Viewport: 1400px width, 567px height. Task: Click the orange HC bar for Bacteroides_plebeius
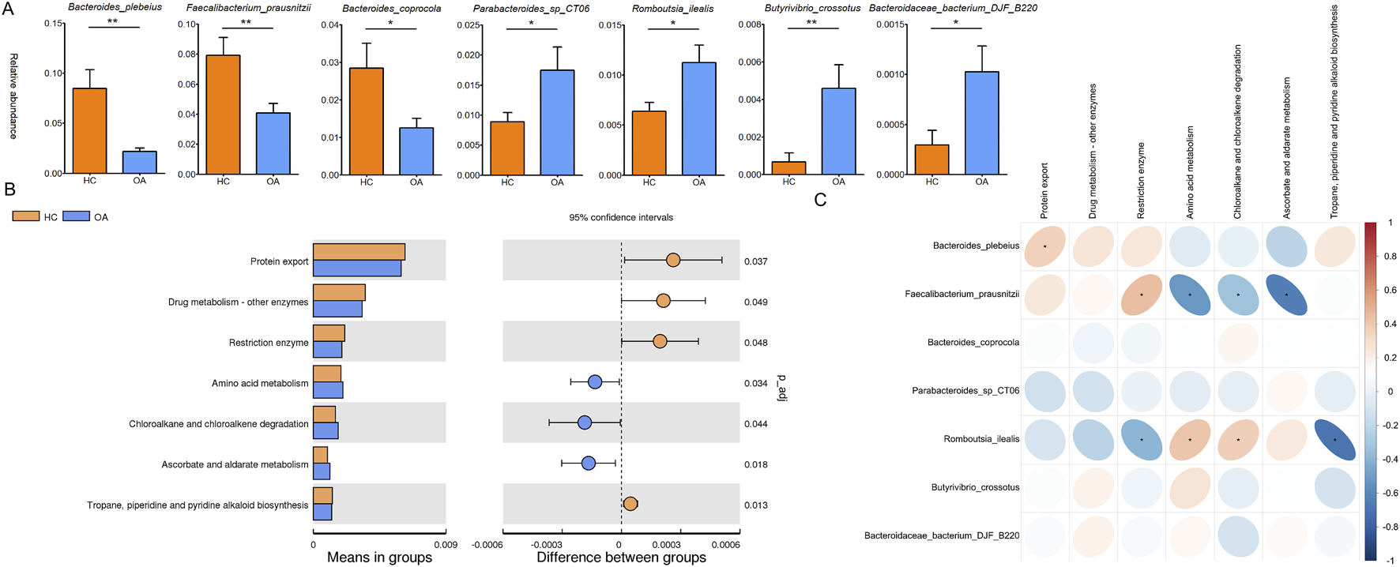tap(89, 130)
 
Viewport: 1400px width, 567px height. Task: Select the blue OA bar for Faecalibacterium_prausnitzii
tap(273, 143)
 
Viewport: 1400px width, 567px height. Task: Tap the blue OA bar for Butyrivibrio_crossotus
tap(838, 131)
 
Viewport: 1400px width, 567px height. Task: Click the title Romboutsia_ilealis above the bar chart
tap(672, 9)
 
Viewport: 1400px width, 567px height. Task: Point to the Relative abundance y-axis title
tap(13, 96)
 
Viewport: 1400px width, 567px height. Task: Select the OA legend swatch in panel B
tap(76, 216)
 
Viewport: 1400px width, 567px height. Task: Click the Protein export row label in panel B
tap(279, 261)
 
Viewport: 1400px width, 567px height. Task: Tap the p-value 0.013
tap(755, 505)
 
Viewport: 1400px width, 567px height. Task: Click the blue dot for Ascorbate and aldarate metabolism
tap(588, 463)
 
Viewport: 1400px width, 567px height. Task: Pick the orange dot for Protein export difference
tap(673, 260)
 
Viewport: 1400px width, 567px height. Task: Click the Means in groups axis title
tap(379, 558)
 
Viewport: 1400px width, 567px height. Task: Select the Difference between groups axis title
tap(621, 558)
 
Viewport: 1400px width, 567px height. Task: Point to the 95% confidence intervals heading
tap(621, 217)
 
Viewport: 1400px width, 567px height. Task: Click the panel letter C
tap(820, 201)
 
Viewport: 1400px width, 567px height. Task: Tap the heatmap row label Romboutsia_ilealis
tap(981, 439)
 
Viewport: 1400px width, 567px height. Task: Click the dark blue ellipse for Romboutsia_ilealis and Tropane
tap(1335, 440)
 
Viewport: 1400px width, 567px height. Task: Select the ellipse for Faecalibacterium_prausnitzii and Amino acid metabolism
tap(1190, 295)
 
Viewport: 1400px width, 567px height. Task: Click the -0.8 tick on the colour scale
tap(1390, 527)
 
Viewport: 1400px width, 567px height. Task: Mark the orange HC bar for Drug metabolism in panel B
tap(339, 293)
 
